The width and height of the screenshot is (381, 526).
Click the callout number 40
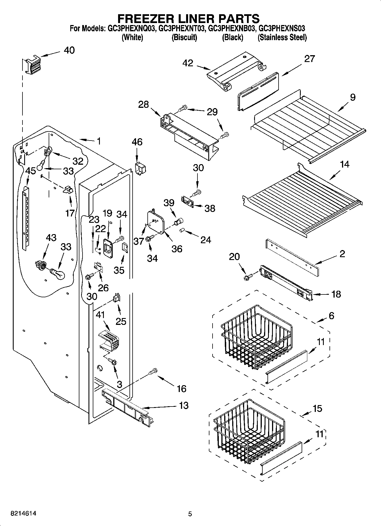(x=69, y=50)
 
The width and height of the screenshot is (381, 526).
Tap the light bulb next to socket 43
(x=58, y=274)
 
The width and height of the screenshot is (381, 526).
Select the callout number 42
(x=188, y=63)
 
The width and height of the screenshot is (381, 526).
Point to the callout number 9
(x=353, y=98)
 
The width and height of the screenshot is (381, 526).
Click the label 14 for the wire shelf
(x=345, y=164)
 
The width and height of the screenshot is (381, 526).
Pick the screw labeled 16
(x=153, y=371)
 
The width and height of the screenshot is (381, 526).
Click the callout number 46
(x=137, y=142)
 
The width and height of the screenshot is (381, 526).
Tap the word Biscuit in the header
(x=184, y=37)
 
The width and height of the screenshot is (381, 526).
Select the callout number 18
(x=336, y=294)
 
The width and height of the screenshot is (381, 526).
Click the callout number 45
(x=30, y=171)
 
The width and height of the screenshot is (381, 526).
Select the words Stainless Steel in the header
(x=282, y=37)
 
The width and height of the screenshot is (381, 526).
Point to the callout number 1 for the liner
(x=98, y=141)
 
